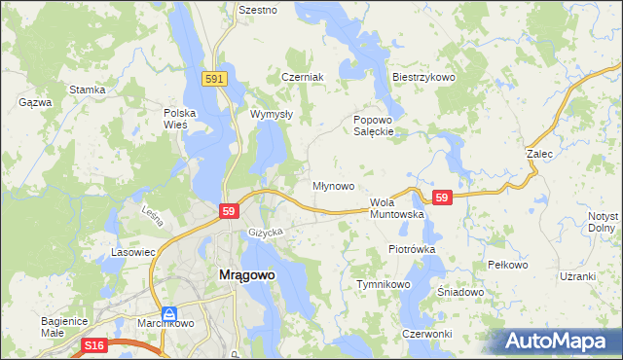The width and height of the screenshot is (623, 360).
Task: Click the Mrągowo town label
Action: click(243, 275)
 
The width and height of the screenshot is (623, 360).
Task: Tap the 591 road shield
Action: click(216, 79)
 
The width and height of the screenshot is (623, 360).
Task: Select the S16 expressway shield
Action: click(94, 345)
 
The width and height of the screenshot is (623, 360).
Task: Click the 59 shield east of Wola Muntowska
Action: click(443, 198)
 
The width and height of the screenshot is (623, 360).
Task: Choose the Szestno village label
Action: click(258, 10)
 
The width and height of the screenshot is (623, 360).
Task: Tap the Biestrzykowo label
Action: click(423, 77)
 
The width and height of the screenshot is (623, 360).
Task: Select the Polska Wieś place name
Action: click(180, 119)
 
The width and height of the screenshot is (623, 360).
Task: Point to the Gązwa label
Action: click(35, 102)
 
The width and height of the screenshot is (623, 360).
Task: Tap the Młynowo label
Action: click(332, 185)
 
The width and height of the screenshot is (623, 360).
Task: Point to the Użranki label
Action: click(577, 276)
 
